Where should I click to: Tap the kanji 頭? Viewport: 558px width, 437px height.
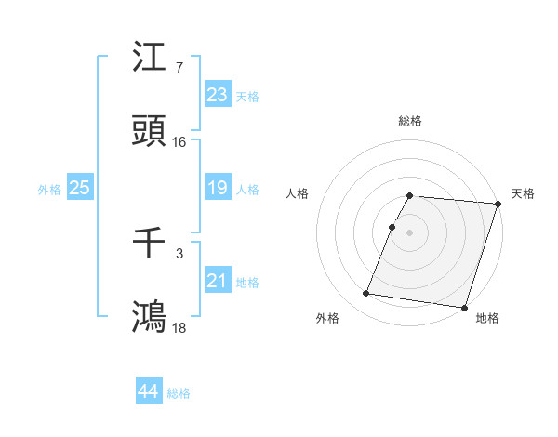coord(150,132)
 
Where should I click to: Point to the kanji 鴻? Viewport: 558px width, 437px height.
coord(150,317)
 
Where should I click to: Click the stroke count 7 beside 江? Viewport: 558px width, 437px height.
coord(179,68)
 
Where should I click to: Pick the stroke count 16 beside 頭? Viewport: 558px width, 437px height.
coord(179,142)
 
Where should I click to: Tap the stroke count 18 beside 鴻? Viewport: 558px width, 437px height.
coord(179,327)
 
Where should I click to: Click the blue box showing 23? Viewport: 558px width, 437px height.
coord(217,95)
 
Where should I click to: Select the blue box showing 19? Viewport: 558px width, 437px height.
coord(217,188)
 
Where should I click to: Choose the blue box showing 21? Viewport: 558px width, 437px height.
coord(217,281)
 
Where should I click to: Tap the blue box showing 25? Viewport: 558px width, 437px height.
coord(79,188)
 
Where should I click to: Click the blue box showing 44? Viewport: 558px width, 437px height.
coord(148,391)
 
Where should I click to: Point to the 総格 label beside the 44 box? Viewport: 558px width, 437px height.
coord(179,393)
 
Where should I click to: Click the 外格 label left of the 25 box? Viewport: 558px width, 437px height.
coord(49,190)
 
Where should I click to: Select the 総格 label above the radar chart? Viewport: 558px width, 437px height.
coord(410,121)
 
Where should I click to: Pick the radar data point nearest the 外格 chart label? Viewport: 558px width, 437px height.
coord(366,294)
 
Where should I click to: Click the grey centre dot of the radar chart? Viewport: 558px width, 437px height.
coord(410,232)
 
